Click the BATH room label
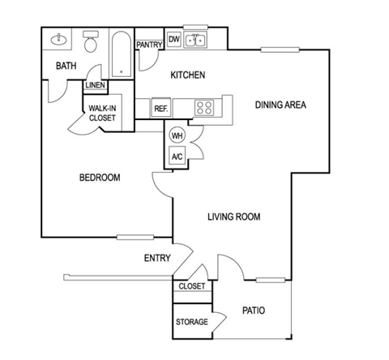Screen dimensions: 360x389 click(x=66, y=66)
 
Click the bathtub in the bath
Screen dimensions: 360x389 click(x=122, y=55)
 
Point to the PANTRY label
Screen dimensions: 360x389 click(x=149, y=45)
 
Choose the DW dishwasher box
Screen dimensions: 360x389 click(x=173, y=39)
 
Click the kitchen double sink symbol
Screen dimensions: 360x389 click(x=195, y=40)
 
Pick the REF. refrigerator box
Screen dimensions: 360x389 click(x=160, y=108)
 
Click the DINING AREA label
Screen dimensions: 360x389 click(x=280, y=105)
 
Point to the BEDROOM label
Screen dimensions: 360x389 click(x=100, y=178)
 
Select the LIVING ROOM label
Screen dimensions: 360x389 click(x=234, y=216)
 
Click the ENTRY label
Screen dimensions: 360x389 click(x=156, y=259)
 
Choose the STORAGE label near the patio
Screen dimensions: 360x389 click(x=192, y=322)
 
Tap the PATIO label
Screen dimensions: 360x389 click(x=254, y=310)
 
